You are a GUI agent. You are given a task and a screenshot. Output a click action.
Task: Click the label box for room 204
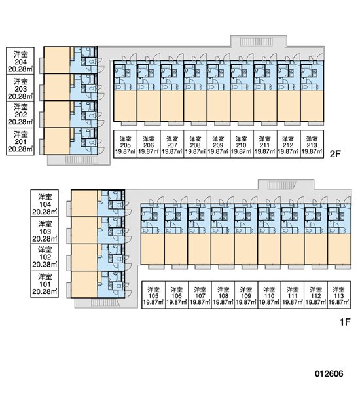click(20, 61)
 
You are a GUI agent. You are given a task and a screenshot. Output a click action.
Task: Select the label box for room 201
click(20, 141)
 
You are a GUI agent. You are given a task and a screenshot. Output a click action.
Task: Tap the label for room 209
click(219, 144)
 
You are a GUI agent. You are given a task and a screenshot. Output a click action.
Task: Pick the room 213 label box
click(312, 144)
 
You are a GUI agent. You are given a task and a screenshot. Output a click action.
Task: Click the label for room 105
click(153, 295)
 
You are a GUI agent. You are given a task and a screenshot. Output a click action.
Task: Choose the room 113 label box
click(338, 295)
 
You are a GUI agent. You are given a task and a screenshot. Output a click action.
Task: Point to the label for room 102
click(45, 257)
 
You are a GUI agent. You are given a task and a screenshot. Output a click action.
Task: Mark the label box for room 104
click(45, 203)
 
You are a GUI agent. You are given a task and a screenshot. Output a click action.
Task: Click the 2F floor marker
click(335, 154)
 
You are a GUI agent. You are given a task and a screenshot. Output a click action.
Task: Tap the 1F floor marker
click(345, 322)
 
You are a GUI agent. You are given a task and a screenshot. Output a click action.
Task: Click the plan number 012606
click(329, 374)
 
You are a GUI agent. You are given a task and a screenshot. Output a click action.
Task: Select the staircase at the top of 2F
click(257, 42)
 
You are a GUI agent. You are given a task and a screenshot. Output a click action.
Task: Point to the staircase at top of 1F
click(282, 185)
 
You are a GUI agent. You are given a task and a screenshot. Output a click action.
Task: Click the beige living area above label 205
click(125, 105)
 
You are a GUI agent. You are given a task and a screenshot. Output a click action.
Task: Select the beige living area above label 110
click(269, 249)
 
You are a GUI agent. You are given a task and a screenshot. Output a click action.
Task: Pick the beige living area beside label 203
click(57, 87)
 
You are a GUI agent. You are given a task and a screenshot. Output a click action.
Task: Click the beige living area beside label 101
click(84, 284)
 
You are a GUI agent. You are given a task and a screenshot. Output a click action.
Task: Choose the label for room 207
click(172, 144)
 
